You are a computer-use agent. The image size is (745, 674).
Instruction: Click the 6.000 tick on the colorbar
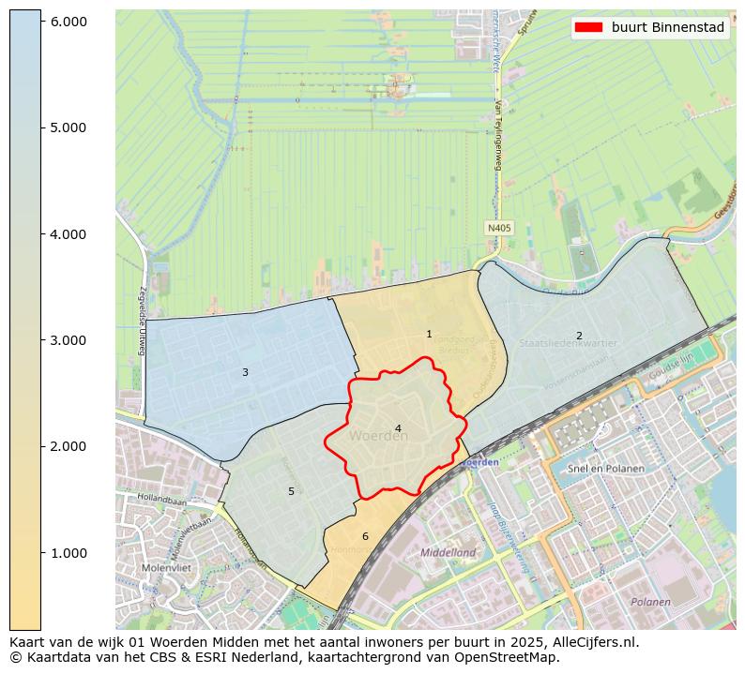68,21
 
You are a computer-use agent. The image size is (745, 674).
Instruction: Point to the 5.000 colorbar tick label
68,127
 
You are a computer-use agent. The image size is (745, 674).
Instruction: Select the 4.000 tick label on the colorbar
68,233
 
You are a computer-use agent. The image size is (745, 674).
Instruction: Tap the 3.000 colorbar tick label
68,339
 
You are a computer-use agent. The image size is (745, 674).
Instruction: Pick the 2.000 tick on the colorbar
68,446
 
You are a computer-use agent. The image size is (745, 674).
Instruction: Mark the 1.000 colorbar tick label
68,552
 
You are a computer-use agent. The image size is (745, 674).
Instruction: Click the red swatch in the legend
589,28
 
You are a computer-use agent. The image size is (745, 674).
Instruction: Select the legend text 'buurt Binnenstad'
667,28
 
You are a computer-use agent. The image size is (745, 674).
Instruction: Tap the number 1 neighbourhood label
429,335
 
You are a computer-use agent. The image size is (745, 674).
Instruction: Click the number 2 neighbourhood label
579,336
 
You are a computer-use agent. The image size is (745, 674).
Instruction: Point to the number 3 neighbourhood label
245,372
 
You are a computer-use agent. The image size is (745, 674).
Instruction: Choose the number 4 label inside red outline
398,428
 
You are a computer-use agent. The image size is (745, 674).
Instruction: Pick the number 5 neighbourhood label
291,491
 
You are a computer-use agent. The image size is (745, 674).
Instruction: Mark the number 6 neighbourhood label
365,536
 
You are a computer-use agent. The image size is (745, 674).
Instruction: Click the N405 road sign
498,228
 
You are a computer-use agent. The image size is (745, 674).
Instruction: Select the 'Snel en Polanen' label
606,469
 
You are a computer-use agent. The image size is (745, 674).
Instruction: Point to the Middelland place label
448,553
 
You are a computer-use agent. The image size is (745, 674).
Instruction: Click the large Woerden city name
377,437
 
